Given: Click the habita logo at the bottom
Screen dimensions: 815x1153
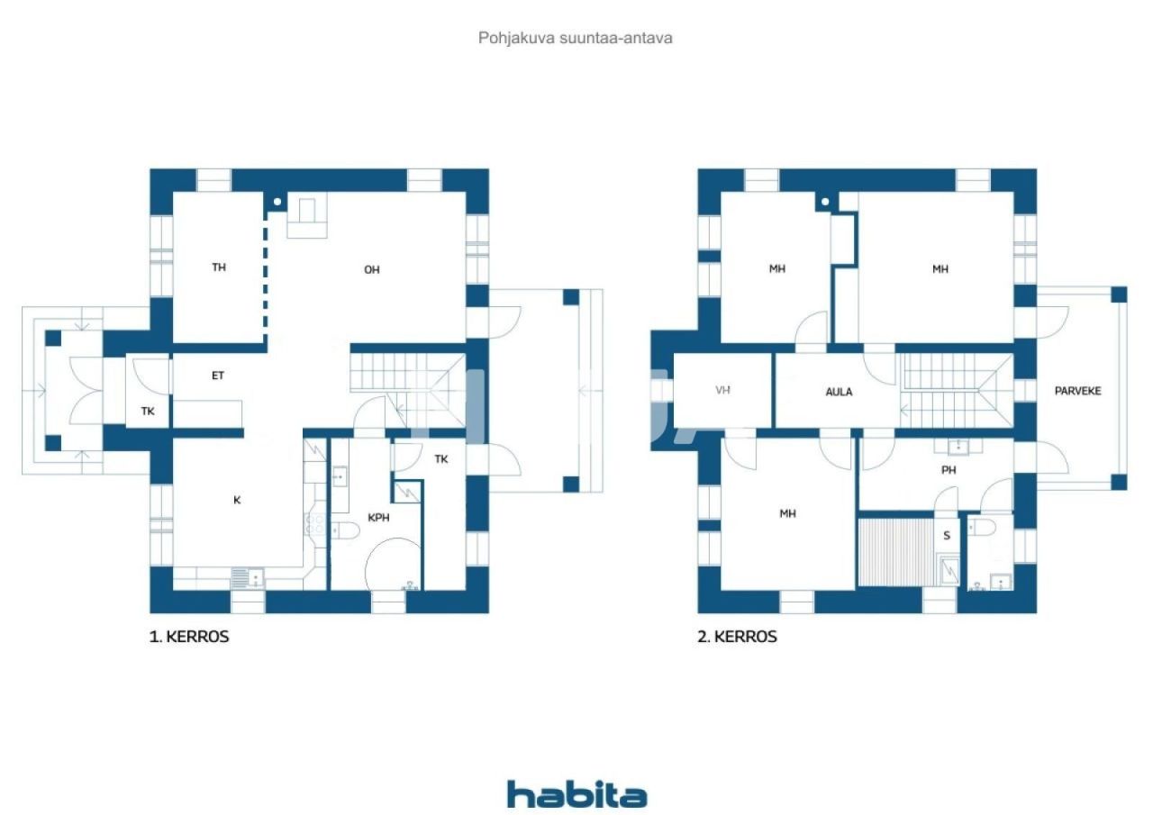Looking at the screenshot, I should pyautogui.click(x=576, y=795).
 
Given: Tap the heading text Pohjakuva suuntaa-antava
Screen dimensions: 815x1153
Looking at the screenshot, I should pyautogui.click(x=576, y=38).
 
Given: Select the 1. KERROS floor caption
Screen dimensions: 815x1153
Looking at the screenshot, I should pyautogui.click(x=189, y=637).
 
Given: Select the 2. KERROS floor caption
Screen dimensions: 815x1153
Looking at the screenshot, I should pyautogui.click(x=737, y=637).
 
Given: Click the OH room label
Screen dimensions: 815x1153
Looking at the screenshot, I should pyautogui.click(x=371, y=270).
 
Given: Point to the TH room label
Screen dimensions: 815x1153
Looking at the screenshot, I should pyautogui.click(x=219, y=267).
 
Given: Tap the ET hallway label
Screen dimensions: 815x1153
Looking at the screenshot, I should pyautogui.click(x=218, y=376).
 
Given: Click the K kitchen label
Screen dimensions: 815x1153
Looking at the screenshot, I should pyautogui.click(x=237, y=500).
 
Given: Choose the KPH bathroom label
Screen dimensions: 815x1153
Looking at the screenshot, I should pyautogui.click(x=378, y=518).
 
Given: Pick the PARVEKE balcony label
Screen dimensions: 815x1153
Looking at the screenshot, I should pyautogui.click(x=1078, y=391).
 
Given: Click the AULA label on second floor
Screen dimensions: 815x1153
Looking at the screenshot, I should pyautogui.click(x=839, y=392).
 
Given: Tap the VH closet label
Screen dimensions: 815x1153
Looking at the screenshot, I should pyautogui.click(x=722, y=392).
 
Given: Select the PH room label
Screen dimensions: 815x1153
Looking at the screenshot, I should pyautogui.click(x=949, y=469).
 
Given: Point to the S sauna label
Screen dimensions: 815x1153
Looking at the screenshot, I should pyautogui.click(x=946, y=536).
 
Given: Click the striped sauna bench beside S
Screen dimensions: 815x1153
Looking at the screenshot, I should pyautogui.click(x=895, y=550).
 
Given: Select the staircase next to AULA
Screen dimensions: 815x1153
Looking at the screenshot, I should pyautogui.click(x=955, y=389).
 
